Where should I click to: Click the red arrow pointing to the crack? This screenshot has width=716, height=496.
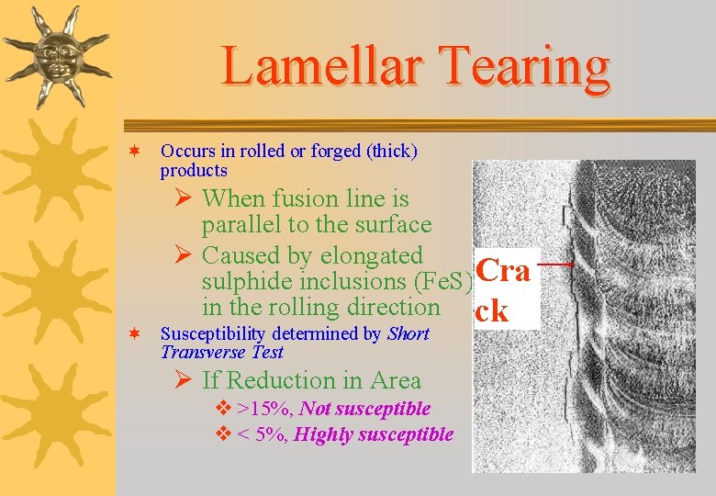pyautogui.click(x=554, y=264)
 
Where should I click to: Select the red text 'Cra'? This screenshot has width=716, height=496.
pyautogui.click(x=503, y=271)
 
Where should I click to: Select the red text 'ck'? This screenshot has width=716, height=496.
pyautogui.click(x=492, y=310)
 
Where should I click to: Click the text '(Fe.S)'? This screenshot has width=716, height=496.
pyautogui.click(x=445, y=281)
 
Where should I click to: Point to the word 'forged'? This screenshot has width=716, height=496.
pyautogui.click(x=333, y=152)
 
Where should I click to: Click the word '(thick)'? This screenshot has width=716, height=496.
pyautogui.click(x=389, y=152)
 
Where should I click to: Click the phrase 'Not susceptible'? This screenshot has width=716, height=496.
pyautogui.click(x=364, y=409)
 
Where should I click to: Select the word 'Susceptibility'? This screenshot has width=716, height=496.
pyautogui.click(x=212, y=333)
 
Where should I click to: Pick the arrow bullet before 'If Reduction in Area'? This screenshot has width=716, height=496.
pyautogui.click(x=186, y=381)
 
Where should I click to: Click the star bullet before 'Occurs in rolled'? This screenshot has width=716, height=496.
pyautogui.click(x=135, y=151)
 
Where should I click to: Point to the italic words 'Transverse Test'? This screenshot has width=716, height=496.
pyautogui.click(x=222, y=352)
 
